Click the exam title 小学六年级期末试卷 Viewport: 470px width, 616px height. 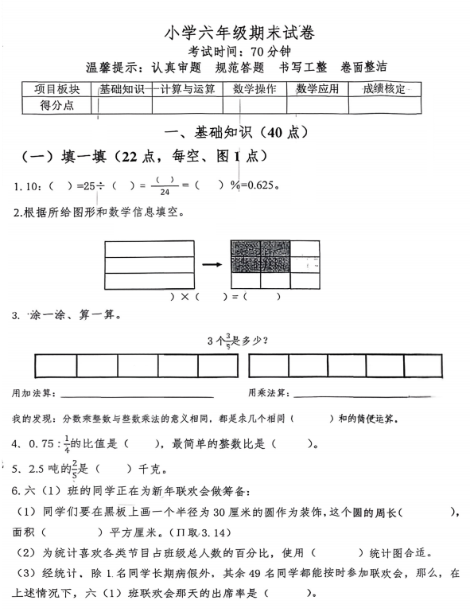click(238, 33)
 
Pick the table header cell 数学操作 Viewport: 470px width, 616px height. click(254, 89)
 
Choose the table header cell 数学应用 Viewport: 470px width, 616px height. click(317, 89)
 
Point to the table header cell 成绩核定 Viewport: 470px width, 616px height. click(383, 89)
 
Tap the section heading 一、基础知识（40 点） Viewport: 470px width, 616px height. click(235, 131)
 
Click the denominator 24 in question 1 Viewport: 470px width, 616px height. click(165, 193)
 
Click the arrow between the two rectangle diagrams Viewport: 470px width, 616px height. click(212, 263)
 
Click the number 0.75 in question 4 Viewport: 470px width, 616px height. click(45, 444)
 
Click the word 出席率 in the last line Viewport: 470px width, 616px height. click(236, 592)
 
